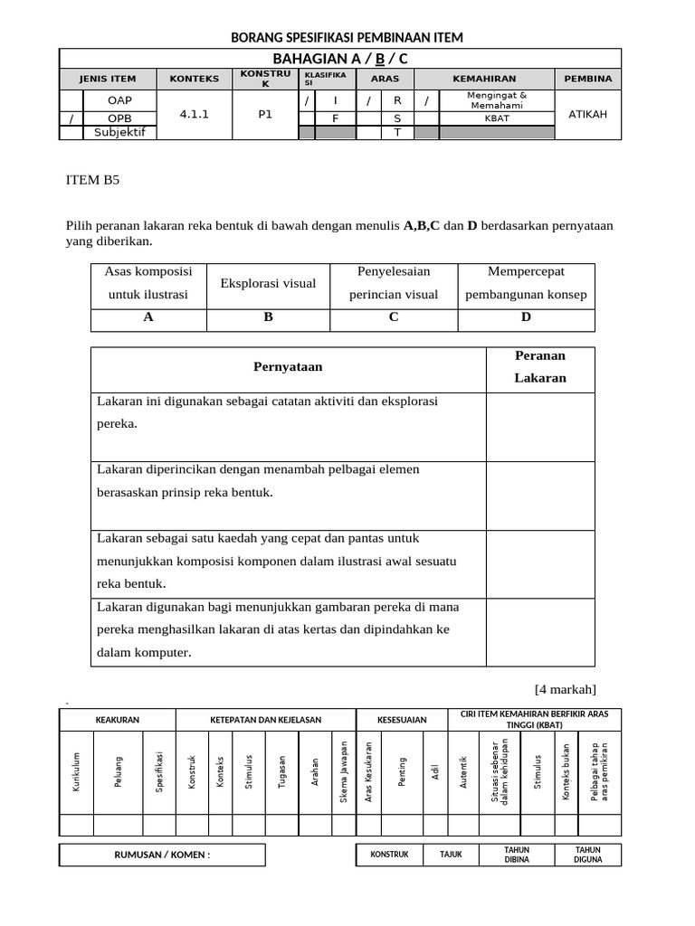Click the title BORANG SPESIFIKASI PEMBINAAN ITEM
click(x=347, y=37)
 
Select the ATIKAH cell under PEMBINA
click(x=587, y=115)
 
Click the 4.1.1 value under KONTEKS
click(x=194, y=115)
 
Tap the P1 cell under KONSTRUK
click(x=265, y=115)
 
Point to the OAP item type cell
click(x=119, y=100)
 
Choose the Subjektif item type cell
click(x=119, y=133)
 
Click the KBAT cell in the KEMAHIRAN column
click(x=496, y=118)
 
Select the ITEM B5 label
click(x=92, y=180)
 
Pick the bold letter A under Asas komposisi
click(x=148, y=317)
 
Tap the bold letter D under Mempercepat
click(x=526, y=317)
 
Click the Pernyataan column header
click(x=288, y=366)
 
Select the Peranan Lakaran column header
click(x=540, y=367)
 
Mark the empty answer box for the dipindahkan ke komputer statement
click(x=540, y=631)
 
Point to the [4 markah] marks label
click(x=566, y=689)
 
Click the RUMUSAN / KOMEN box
click(x=162, y=855)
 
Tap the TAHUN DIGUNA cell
click(x=587, y=855)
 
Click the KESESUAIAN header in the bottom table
click(x=402, y=720)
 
